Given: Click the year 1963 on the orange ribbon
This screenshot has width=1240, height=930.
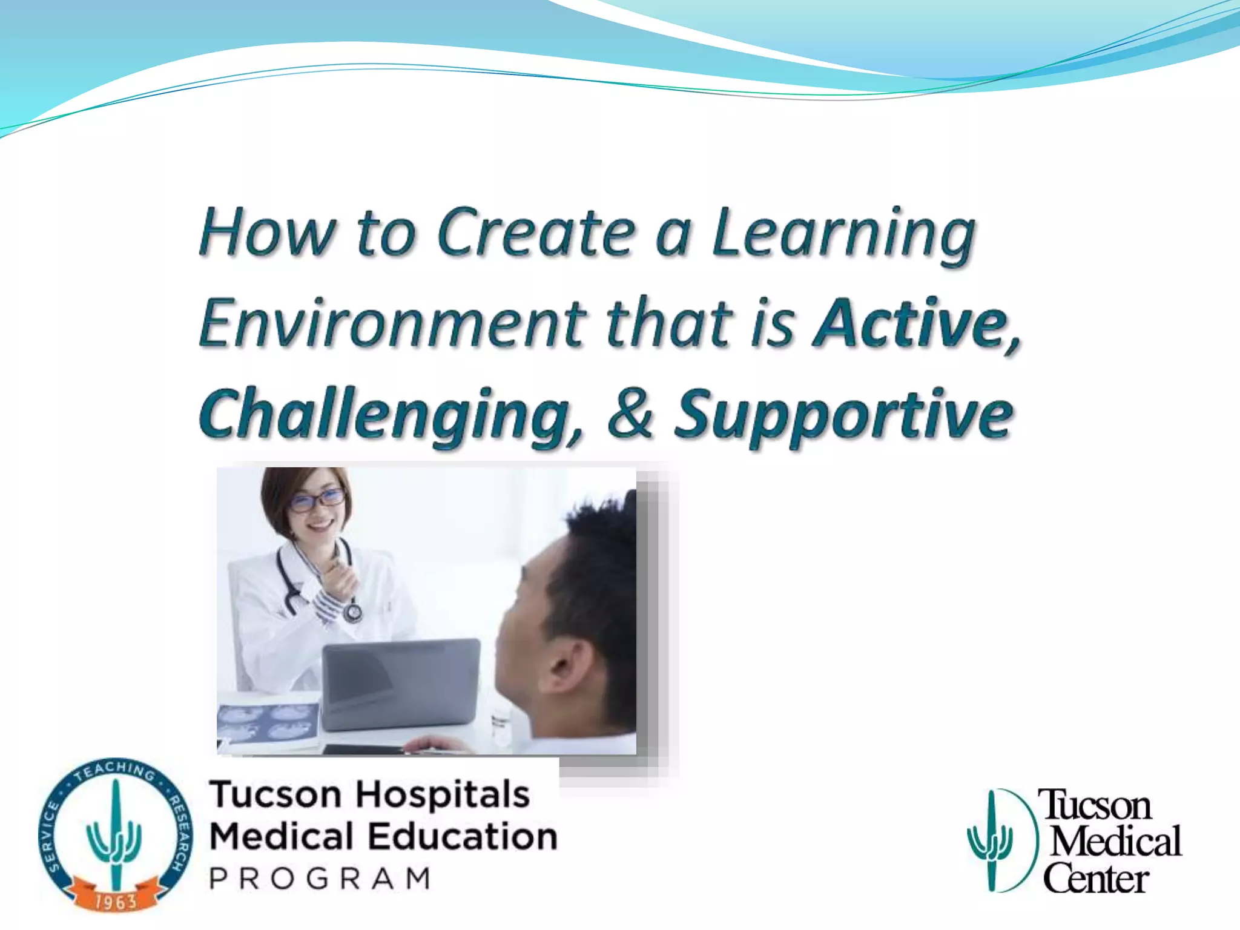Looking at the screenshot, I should pos(115,902).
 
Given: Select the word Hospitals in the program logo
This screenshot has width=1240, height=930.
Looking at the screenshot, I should pos(442,795).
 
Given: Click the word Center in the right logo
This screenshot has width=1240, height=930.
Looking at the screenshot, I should pos(1096,879).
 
